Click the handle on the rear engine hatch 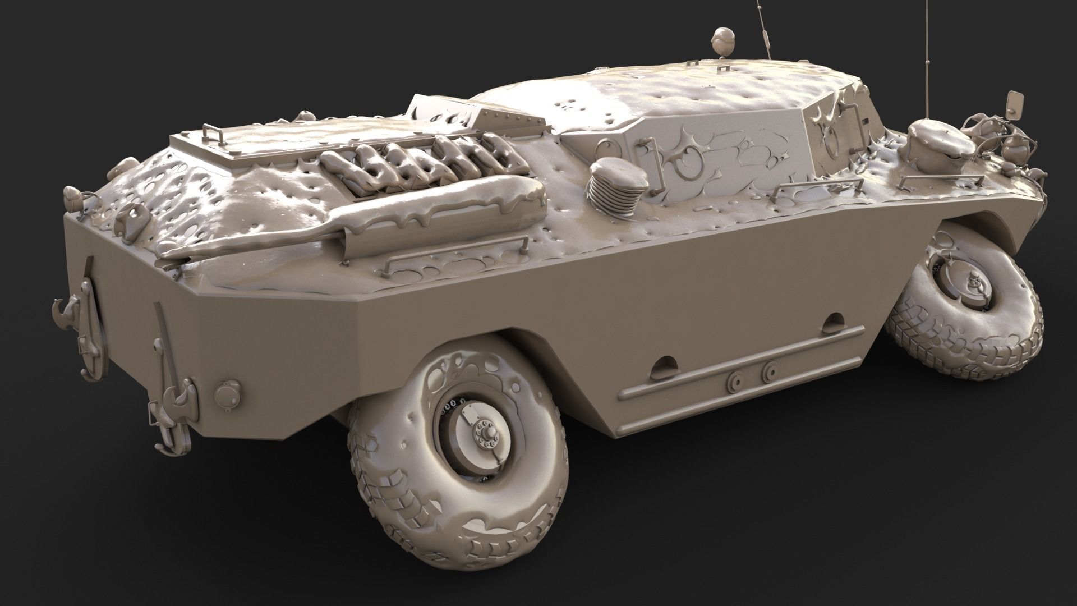(211, 134)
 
